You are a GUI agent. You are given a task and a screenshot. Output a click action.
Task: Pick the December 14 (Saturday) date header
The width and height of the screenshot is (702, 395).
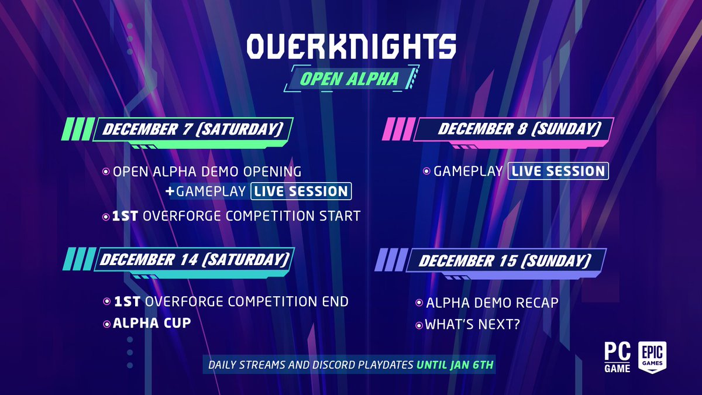tap(194, 259)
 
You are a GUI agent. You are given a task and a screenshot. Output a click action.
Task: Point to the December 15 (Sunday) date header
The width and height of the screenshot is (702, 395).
tap(504, 260)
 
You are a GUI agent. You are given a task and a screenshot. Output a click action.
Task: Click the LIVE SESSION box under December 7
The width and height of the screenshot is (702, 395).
tap(301, 191)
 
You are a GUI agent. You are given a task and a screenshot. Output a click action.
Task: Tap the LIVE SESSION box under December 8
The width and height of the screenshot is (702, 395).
tap(559, 171)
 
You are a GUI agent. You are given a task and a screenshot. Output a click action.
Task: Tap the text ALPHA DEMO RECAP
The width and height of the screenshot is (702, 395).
tap(492, 303)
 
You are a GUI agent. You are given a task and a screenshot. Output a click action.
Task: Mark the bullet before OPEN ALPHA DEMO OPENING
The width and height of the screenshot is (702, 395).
tap(106, 172)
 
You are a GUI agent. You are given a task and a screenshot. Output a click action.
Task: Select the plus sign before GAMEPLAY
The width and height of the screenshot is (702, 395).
tap(170, 191)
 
